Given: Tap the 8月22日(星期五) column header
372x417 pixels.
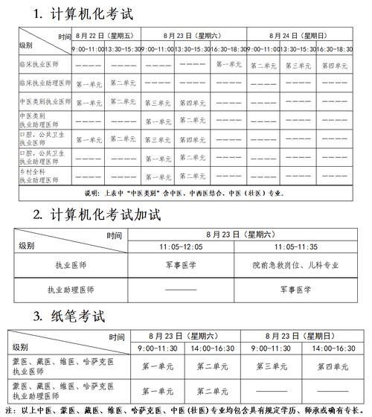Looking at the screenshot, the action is point(106,35).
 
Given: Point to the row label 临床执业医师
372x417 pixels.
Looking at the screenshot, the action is point(38,65).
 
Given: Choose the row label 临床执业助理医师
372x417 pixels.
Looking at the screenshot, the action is point(45,83).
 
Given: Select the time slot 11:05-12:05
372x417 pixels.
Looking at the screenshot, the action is point(181,247).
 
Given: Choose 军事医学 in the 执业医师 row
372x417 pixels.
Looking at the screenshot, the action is point(181,264).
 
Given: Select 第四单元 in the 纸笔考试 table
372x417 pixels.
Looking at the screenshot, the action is point(332,366).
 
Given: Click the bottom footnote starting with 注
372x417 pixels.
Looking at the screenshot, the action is point(186,410).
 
